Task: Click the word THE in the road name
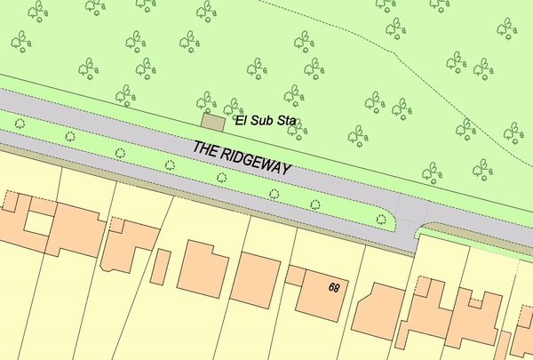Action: point(206,148)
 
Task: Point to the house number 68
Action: point(334,287)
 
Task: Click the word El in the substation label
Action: point(240,119)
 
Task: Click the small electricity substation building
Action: point(214,124)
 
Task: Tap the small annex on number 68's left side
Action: point(294,275)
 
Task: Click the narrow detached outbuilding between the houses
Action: point(162,268)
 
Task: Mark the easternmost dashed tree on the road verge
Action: point(382,219)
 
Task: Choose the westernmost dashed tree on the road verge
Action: point(20,124)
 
